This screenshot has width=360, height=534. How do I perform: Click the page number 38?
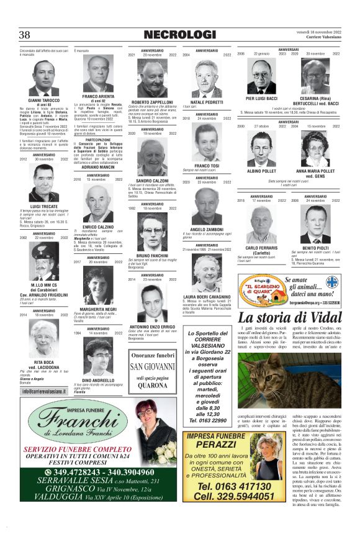tap(25, 35)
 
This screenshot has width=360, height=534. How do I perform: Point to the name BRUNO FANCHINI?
tap(153, 255)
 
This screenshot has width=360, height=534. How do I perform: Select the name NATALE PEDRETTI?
tap(207, 102)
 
